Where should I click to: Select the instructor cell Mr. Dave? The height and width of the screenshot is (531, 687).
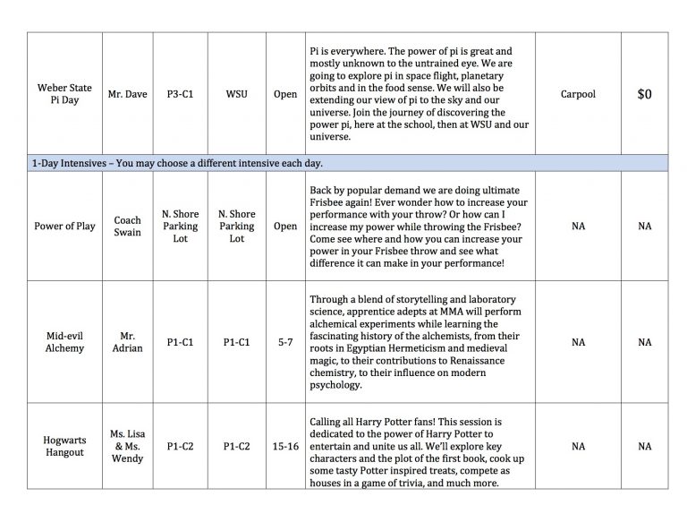(128, 93)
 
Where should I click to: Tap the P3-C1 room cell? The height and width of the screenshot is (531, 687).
(180, 93)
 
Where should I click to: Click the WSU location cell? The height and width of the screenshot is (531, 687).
(236, 93)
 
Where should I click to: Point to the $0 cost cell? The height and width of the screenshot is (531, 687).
(644, 93)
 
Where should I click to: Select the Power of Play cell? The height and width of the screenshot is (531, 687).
(64, 227)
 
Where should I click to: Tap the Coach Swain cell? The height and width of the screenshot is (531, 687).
(128, 227)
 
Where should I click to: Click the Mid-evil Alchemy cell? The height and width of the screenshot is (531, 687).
(64, 341)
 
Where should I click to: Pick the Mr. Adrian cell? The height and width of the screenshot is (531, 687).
(128, 341)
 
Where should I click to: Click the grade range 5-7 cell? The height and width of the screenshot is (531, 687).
(285, 341)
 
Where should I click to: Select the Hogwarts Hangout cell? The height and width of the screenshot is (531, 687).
(64, 446)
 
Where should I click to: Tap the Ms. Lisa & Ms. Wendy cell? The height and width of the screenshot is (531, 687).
(128, 446)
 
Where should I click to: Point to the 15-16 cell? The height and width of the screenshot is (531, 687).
(285, 446)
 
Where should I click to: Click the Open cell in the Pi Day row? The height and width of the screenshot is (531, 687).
(285, 93)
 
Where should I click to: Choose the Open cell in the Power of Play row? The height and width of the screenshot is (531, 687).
(285, 227)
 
